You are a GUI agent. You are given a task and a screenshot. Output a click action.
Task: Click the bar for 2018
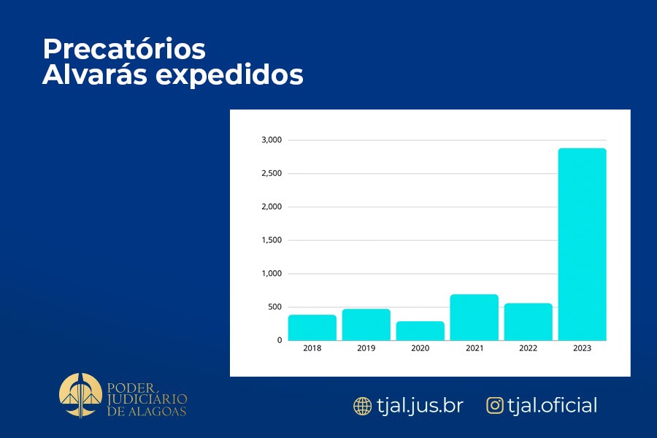[312, 328]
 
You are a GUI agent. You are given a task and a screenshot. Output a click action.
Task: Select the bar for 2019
[366, 325]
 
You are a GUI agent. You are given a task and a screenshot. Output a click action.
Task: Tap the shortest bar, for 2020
[420, 331]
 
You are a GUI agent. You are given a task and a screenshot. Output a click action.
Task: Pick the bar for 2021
[474, 318]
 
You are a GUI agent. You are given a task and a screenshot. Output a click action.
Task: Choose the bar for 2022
[529, 322]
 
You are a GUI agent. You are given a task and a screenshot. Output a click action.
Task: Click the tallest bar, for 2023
[583, 245]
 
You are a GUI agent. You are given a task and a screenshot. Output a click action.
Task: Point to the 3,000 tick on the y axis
[271, 140]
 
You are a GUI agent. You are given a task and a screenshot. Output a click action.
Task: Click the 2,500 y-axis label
[271, 174]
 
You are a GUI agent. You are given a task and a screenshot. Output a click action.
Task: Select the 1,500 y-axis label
[271, 240]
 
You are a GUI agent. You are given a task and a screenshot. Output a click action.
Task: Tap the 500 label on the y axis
[274, 307]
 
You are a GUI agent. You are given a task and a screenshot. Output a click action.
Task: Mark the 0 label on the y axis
[279, 340]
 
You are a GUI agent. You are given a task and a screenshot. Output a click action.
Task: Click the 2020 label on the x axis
[420, 349]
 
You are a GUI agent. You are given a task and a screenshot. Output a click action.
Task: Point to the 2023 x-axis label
[583, 349]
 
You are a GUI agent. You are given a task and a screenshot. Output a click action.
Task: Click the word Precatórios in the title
[124, 50]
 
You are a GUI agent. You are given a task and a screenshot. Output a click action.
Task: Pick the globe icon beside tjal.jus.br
[362, 406]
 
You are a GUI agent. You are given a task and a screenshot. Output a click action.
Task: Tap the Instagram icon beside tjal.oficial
[496, 406]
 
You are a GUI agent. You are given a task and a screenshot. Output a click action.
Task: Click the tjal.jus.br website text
[420, 406]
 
